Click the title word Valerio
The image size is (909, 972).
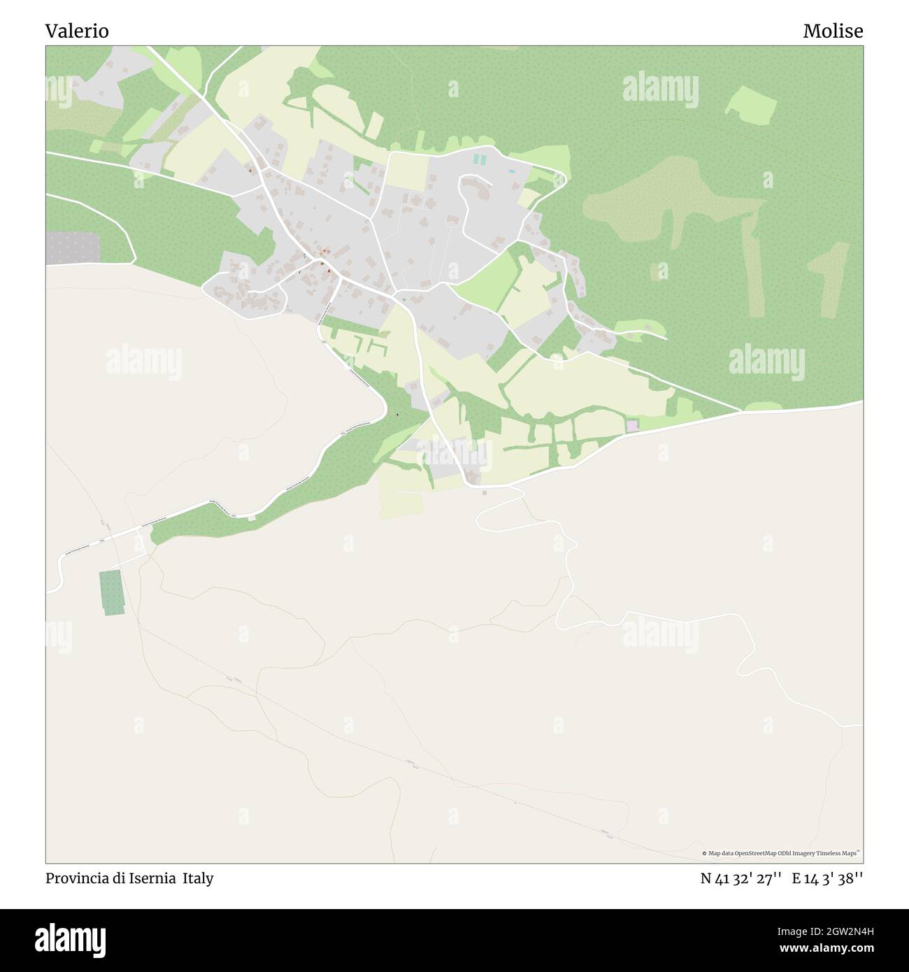(77, 31)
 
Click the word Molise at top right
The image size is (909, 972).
(833, 31)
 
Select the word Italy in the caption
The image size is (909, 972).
(198, 878)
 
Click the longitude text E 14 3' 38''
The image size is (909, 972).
(827, 879)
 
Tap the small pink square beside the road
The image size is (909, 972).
(632, 425)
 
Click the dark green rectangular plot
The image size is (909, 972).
(112, 592)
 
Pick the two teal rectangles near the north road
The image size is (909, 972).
(479, 159)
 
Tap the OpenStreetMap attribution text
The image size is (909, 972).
(781, 853)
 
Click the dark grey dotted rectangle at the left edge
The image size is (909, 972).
(73, 248)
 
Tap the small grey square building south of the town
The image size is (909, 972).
(485, 492)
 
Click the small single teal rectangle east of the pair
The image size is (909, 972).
(512, 171)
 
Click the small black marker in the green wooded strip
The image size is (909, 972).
(397, 415)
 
